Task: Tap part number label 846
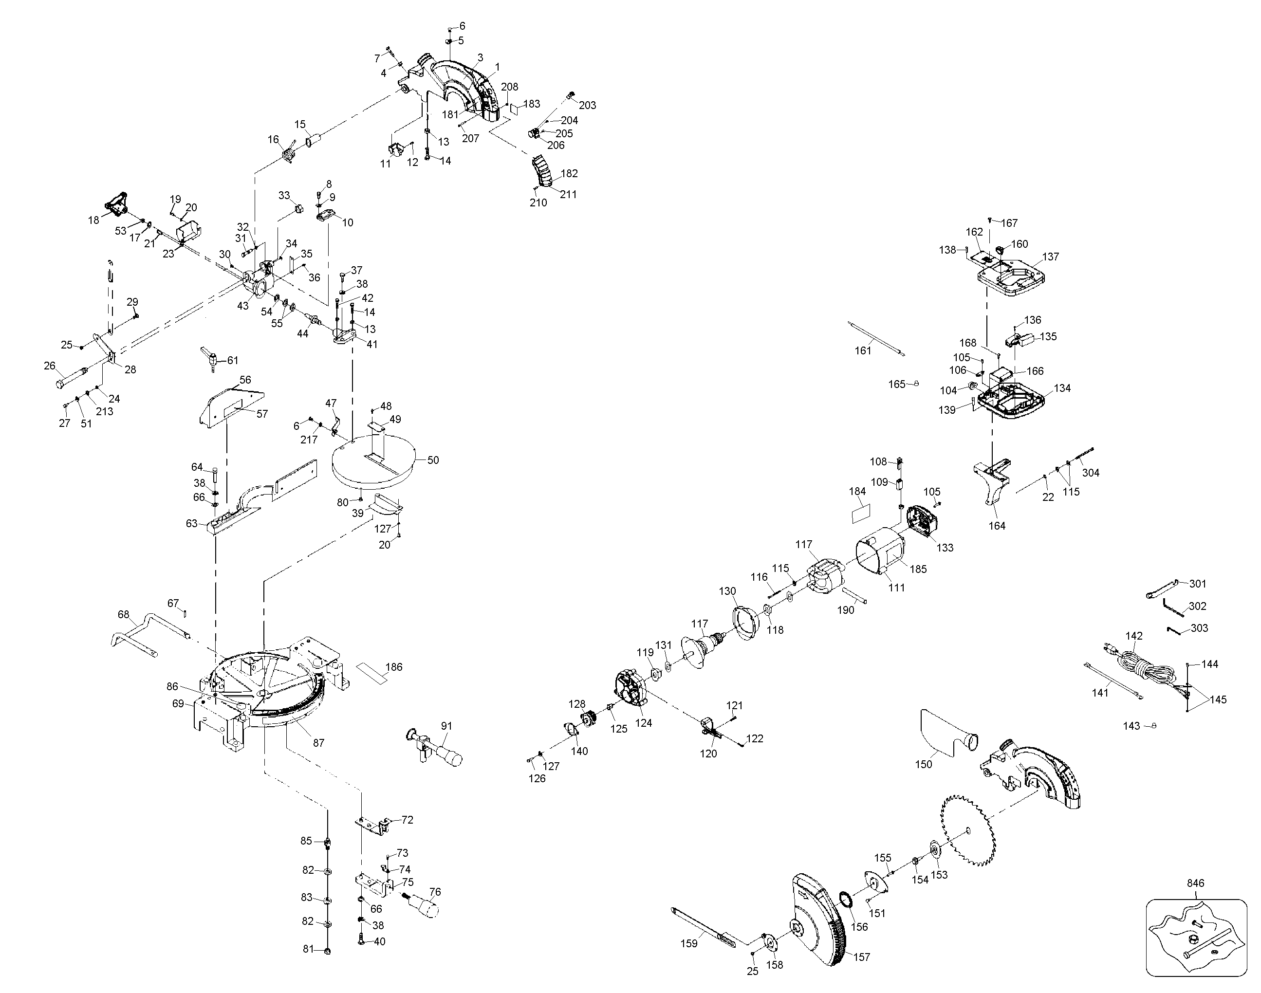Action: [x=1195, y=883]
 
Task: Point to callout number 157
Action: [x=862, y=957]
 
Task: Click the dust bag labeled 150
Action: [x=945, y=733]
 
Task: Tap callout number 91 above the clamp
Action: [x=446, y=726]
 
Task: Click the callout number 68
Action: [x=123, y=614]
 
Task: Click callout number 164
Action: [x=997, y=526]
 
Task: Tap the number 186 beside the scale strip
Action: [x=394, y=667]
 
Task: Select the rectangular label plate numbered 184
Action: [x=860, y=514]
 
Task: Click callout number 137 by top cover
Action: [x=1051, y=257]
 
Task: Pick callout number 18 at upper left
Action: [x=93, y=221]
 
